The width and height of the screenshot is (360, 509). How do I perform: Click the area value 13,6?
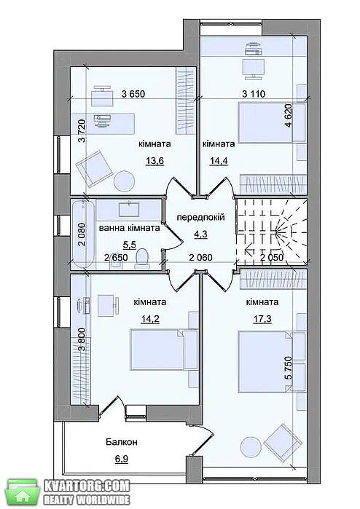click(155, 160)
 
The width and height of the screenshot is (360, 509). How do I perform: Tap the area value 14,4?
click(219, 160)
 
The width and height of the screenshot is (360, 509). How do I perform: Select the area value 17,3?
click(262, 319)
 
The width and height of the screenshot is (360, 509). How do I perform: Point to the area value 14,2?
click(150, 319)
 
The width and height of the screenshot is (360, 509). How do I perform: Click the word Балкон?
click(121, 442)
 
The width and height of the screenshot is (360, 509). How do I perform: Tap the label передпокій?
click(200, 217)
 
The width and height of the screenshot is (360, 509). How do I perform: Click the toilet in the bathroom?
click(142, 259)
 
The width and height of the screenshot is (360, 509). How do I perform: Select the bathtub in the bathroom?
click(83, 234)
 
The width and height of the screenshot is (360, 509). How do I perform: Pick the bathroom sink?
click(129, 209)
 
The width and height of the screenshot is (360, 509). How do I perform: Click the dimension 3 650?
click(133, 94)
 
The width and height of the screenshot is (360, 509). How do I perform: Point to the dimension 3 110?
click(254, 94)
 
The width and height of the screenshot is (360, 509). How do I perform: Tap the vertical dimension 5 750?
click(289, 368)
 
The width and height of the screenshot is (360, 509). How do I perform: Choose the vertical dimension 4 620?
click(289, 116)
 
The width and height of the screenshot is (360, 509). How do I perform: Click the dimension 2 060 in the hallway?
click(201, 258)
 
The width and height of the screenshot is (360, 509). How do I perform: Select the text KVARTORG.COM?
click(87, 486)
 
